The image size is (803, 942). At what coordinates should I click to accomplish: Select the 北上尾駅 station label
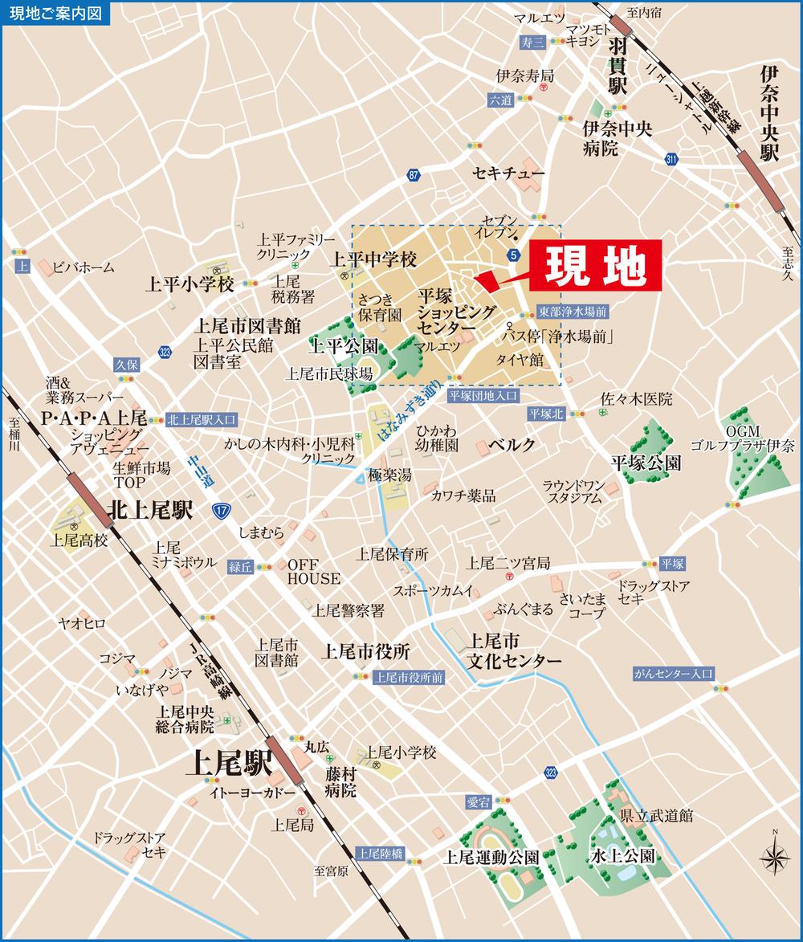tap(151, 510)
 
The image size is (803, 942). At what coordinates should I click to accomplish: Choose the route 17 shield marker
tap(219, 511)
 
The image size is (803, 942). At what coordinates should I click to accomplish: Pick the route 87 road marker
tap(414, 175)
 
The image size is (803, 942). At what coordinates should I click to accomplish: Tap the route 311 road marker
tap(671, 160)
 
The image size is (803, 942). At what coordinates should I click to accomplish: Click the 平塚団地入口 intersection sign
tap(483, 395)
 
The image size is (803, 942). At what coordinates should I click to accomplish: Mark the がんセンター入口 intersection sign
tap(672, 674)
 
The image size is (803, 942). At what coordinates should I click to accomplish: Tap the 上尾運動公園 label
tap(491, 856)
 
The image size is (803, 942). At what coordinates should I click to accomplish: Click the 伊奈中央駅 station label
tap(770, 114)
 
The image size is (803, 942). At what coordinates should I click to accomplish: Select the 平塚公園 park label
tap(646, 463)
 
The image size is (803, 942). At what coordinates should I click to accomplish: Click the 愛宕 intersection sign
tap(478, 801)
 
